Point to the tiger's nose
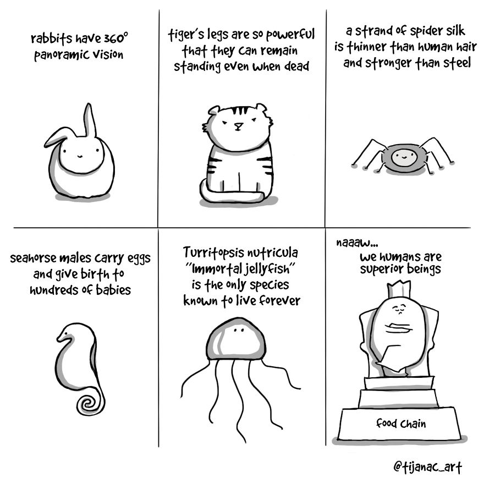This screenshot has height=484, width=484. click(x=238, y=126)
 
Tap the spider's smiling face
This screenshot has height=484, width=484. click(x=403, y=158)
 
